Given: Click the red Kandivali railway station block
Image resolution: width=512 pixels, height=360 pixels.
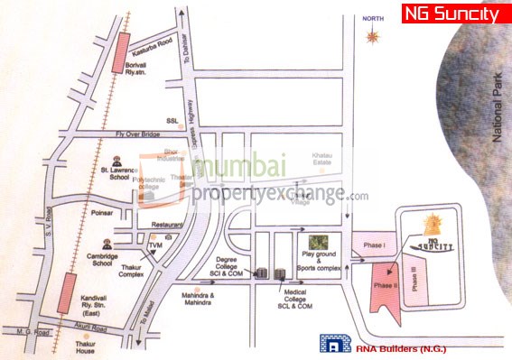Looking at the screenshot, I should [65, 294].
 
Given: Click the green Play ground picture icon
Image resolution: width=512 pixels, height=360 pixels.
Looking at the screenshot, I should [316, 243].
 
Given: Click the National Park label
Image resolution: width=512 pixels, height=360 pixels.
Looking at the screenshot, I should [495, 114].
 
